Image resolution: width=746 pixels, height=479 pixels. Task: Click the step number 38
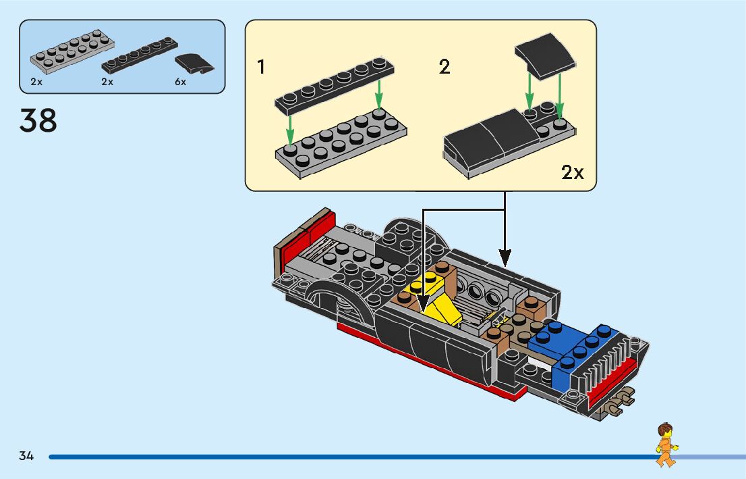click(38, 121)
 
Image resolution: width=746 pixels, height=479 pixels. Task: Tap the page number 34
click(26, 456)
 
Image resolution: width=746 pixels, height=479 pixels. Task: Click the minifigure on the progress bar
click(666, 444)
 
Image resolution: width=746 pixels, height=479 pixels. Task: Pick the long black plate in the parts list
click(140, 55)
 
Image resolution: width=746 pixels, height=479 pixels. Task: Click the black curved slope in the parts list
click(194, 64)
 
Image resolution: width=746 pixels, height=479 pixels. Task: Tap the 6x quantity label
click(179, 82)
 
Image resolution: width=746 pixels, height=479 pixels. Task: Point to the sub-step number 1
click(261, 68)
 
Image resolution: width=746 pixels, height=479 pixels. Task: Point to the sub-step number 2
click(444, 68)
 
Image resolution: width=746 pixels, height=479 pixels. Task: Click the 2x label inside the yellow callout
click(572, 173)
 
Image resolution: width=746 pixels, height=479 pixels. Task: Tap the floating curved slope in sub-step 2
click(544, 55)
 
